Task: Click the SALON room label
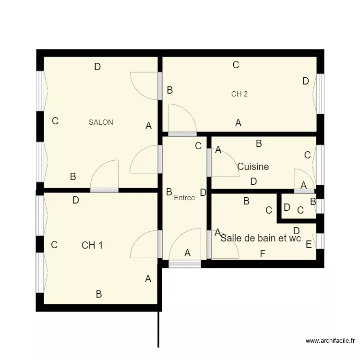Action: [x=101, y=122]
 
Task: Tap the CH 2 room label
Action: [x=239, y=94]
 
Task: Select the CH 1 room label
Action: [x=92, y=245]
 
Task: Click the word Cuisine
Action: [x=253, y=167]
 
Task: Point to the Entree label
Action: [x=184, y=198]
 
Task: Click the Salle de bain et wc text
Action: [x=260, y=238]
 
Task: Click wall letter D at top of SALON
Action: [x=97, y=67]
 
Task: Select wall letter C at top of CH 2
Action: [x=236, y=65]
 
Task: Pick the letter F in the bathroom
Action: [x=263, y=254]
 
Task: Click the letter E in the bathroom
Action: [x=309, y=244]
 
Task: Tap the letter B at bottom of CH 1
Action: [x=99, y=294]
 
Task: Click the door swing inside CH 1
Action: [x=145, y=245]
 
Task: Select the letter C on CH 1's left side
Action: [x=54, y=245]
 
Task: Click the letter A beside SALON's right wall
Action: [x=149, y=126]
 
